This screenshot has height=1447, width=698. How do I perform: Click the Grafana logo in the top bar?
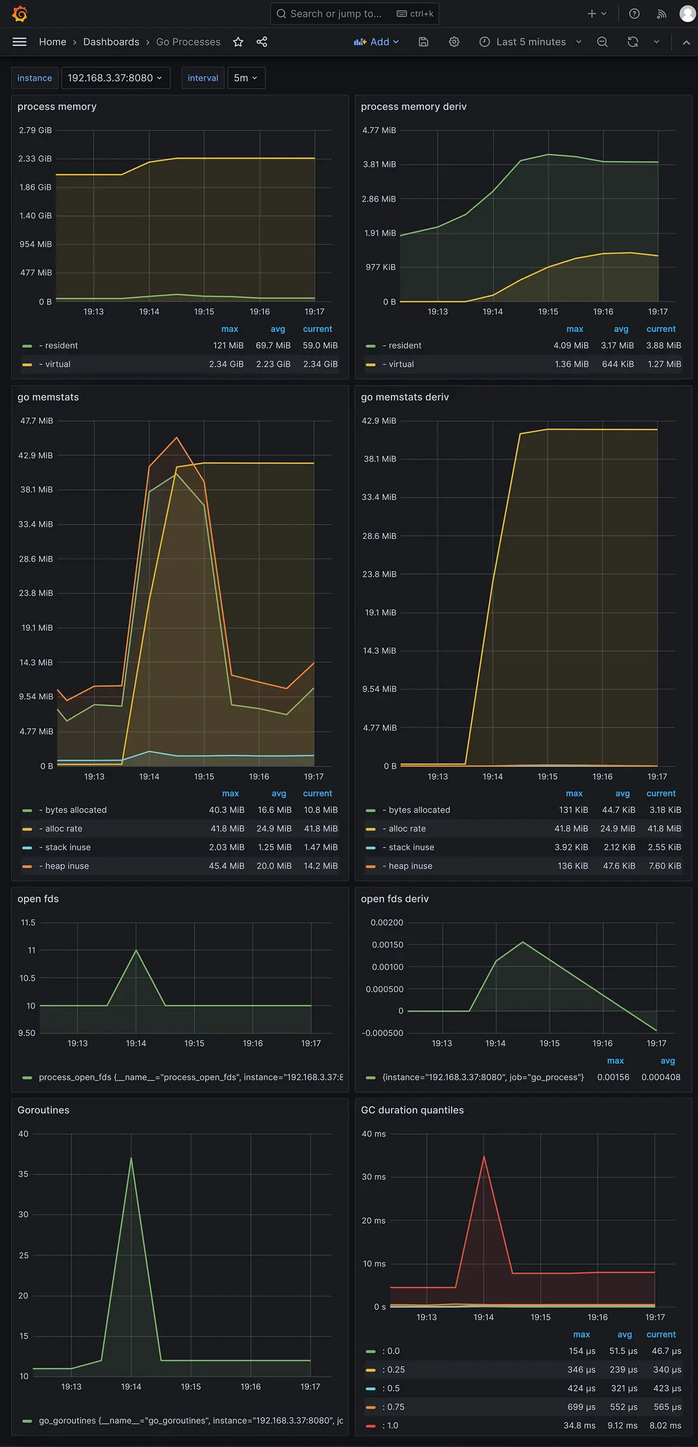pyautogui.click(x=20, y=13)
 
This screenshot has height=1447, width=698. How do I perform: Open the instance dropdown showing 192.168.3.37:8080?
pyautogui.click(x=115, y=78)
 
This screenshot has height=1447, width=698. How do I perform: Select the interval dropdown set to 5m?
pyautogui.click(x=245, y=78)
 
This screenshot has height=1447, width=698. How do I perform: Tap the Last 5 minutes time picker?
pyautogui.click(x=530, y=42)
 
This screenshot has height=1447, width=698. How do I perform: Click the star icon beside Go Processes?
pyautogui.click(x=238, y=42)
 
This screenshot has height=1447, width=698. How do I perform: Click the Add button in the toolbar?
pyautogui.click(x=376, y=42)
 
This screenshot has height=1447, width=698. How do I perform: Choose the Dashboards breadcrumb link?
pyautogui.click(x=111, y=42)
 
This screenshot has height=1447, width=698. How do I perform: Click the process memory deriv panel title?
pyautogui.click(x=414, y=107)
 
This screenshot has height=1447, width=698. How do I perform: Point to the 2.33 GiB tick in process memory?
pyautogui.click(x=35, y=159)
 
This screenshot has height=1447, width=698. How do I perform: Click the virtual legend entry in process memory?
pyautogui.click(x=58, y=364)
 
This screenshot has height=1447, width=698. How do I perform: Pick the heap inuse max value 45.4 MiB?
pyautogui.click(x=226, y=866)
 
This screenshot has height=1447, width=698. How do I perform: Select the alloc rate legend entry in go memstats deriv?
pyautogui.click(x=407, y=829)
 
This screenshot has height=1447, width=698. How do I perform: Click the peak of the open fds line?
pyautogui.click(x=136, y=950)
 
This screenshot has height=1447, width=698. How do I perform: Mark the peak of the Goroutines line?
pyautogui.click(x=132, y=1158)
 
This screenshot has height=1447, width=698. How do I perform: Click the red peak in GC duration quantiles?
pyautogui.click(x=484, y=1156)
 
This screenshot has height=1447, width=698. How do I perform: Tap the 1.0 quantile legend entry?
pyautogui.click(x=393, y=1425)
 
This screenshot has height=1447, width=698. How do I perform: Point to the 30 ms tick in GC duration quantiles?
pyautogui.click(x=374, y=1177)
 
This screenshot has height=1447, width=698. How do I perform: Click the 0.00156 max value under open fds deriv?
pyautogui.click(x=613, y=1077)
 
